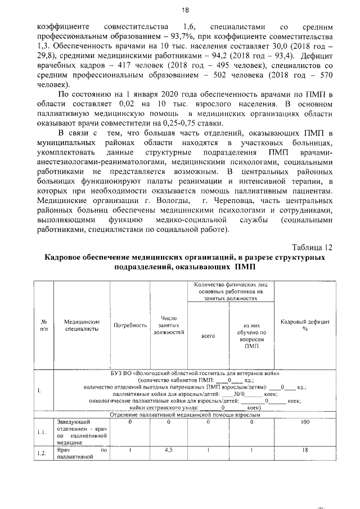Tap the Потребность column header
130,325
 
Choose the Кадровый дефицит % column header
304,325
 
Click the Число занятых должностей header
169,325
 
